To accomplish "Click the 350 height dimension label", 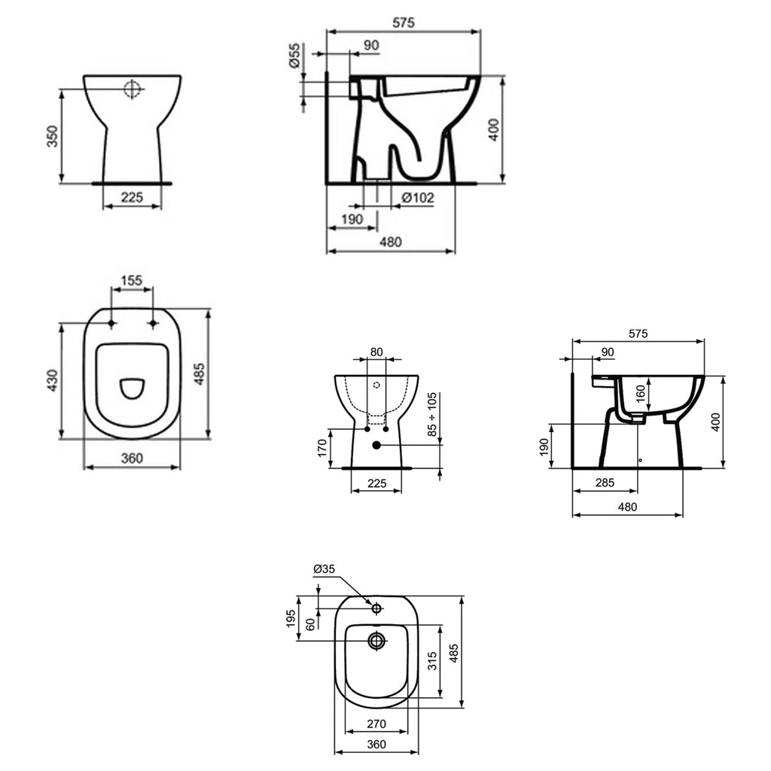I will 51,136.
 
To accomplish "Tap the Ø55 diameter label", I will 294,56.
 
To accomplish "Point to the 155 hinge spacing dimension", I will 132,280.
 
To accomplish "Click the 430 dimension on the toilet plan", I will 51,380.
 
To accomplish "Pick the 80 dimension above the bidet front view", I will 376,352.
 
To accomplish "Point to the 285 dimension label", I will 605,483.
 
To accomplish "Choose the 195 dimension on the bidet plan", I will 291,619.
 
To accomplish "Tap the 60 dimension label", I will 309,624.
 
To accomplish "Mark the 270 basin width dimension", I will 376,724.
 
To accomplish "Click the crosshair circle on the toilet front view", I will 133,90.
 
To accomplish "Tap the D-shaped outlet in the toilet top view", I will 133,388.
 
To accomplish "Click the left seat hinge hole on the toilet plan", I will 111,323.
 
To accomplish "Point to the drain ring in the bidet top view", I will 376,641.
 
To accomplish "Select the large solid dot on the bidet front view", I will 376,446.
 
